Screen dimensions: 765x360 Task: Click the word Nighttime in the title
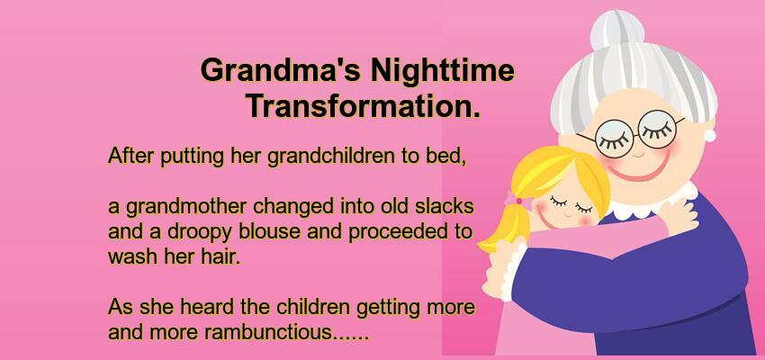pos(442,71)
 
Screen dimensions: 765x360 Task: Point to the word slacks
pos(444,206)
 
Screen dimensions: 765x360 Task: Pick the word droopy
pos(200,233)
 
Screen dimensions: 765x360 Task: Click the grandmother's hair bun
pos(617,31)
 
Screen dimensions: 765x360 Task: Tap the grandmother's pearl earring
pos(709,135)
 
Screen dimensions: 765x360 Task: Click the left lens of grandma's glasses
pos(614,139)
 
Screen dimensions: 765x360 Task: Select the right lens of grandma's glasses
pos(657,129)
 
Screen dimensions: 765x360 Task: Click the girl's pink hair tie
pos(517,201)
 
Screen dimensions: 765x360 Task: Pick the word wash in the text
pos(133,256)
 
